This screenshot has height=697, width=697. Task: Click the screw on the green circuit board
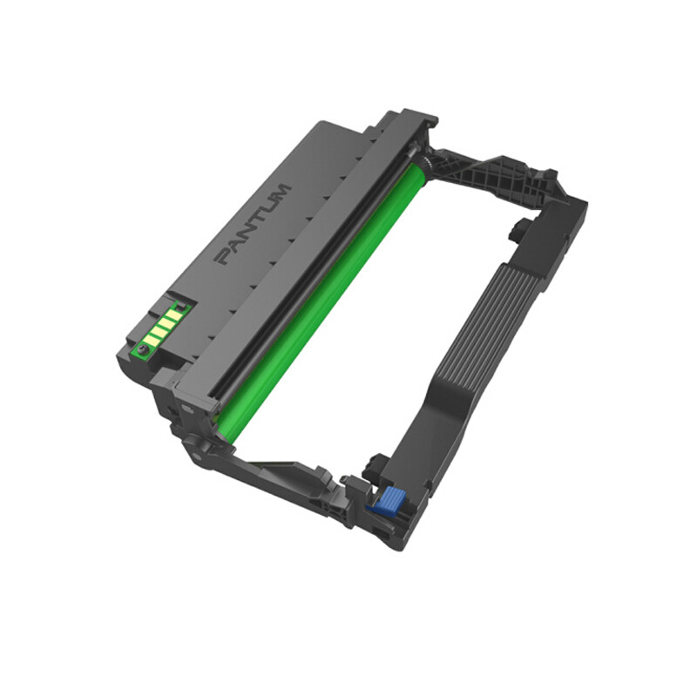[x=143, y=350]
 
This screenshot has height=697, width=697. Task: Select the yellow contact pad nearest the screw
[x=151, y=341]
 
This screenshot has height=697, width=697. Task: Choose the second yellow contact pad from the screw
[x=159, y=332]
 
